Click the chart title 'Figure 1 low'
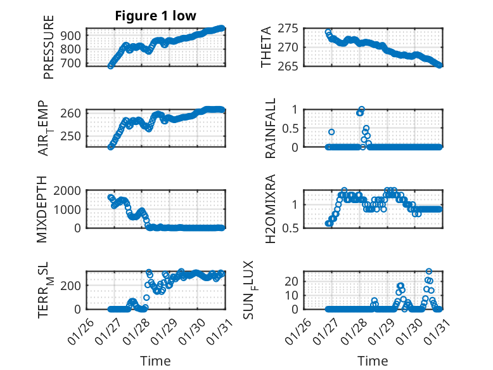point(155,16)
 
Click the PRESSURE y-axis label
point(49,52)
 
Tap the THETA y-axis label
point(267,47)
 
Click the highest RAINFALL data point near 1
point(362,109)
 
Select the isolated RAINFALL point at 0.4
point(331,132)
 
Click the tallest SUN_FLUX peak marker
point(429,272)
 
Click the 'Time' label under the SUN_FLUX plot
point(373,361)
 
